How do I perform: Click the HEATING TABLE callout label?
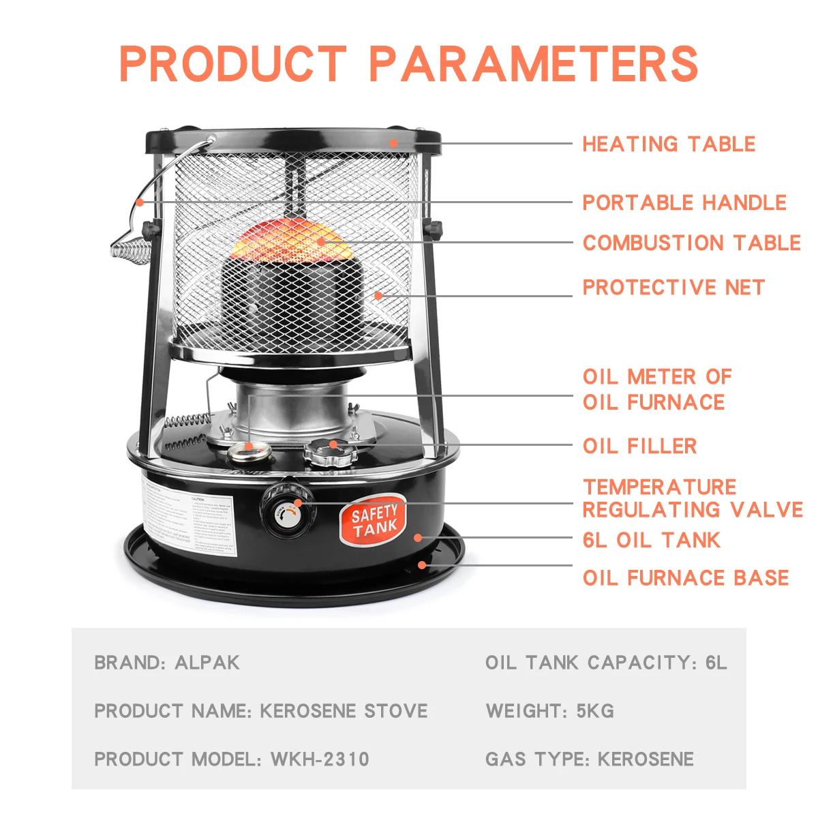point(668,145)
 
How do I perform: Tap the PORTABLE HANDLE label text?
point(684,203)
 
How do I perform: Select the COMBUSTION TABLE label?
point(691,243)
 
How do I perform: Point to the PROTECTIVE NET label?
point(673,288)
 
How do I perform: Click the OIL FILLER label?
point(639,446)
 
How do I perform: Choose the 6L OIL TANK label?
point(651,541)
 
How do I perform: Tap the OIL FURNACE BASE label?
point(685,578)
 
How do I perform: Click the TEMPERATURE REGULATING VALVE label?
point(692,498)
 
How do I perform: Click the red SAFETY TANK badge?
point(373,521)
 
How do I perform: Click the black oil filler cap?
point(330,452)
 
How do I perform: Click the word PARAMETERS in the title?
point(533,65)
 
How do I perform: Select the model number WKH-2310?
point(320,759)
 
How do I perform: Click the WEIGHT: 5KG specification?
point(549,711)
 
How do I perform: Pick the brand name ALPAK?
point(207,663)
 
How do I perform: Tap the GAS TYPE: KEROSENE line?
point(589,759)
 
